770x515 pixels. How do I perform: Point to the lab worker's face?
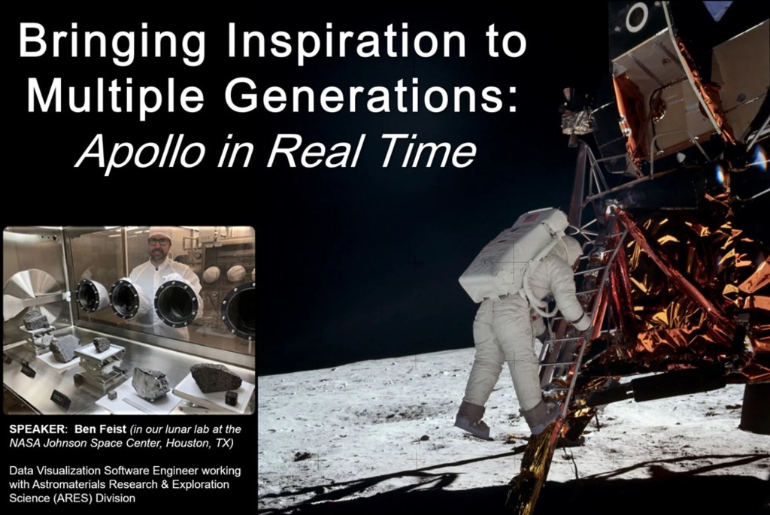159,249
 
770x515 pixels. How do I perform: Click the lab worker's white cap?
159,234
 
